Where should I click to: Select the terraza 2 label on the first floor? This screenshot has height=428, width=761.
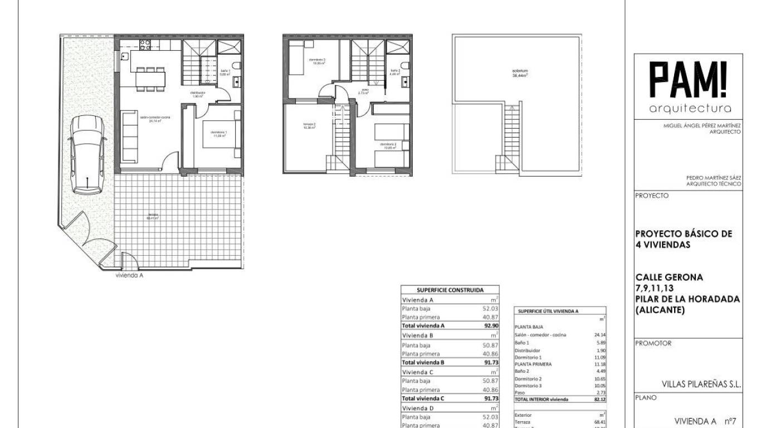pos(310,125)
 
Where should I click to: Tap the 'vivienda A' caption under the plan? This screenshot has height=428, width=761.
pos(129,275)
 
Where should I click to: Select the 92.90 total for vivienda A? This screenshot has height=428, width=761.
pos(490,325)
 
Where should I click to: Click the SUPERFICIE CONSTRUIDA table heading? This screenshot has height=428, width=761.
pos(450,290)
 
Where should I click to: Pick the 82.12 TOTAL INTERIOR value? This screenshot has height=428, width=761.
pos(599,400)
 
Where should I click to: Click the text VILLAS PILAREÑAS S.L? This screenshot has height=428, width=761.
pos(701,384)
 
